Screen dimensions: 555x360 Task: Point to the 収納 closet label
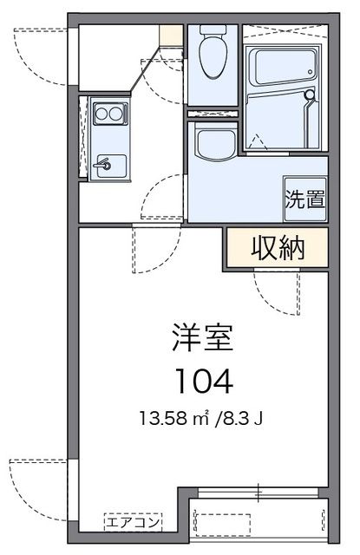278,248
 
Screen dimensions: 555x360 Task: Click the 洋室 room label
201,338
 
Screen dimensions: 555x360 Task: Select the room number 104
201,379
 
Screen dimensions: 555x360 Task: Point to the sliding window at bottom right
260,493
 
